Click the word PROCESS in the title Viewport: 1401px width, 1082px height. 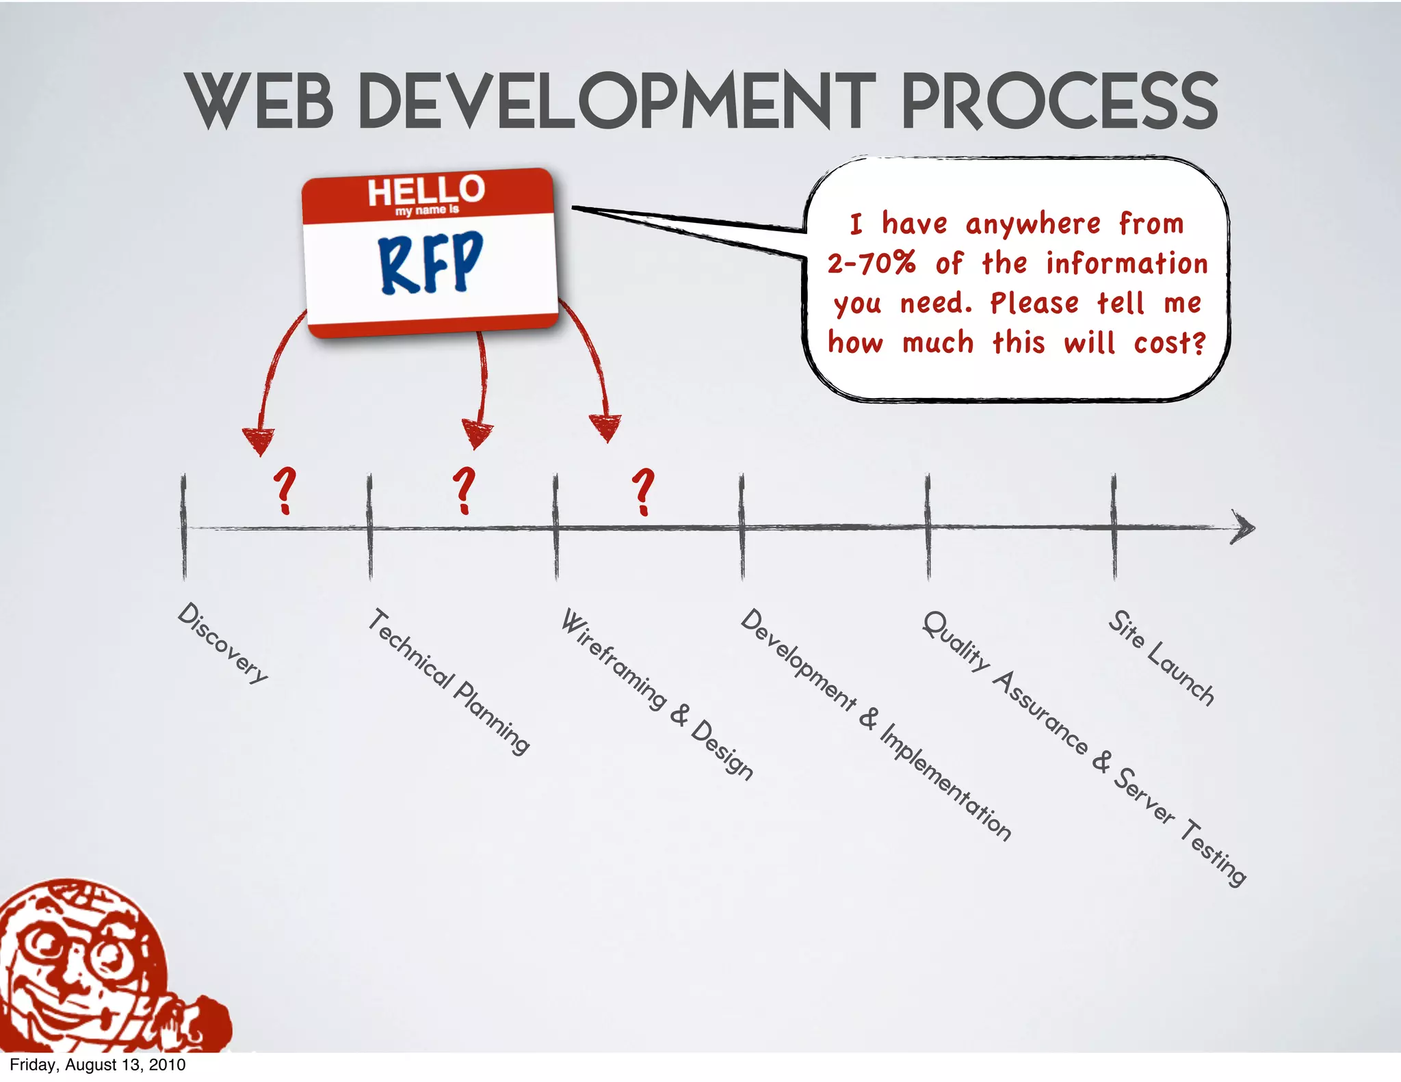[x=1060, y=101]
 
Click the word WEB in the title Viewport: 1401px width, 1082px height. [x=259, y=101]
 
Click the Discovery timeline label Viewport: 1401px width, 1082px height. [x=223, y=643]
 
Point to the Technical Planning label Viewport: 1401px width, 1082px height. [x=449, y=681]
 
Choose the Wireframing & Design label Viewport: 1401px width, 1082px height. [x=657, y=694]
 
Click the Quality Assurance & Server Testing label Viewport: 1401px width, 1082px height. [x=1084, y=748]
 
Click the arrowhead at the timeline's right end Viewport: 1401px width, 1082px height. [x=1244, y=527]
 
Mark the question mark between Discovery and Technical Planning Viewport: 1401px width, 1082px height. [x=285, y=490]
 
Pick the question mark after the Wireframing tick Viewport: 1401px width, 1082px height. [x=643, y=491]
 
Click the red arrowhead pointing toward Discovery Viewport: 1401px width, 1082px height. [x=259, y=440]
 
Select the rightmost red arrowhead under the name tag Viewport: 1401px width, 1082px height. [x=606, y=427]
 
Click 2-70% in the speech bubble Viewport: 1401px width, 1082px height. [x=871, y=263]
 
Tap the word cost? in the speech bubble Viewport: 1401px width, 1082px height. [x=1170, y=343]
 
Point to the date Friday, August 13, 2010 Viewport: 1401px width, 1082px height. [x=97, y=1065]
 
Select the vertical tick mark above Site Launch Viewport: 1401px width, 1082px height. [x=1114, y=527]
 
